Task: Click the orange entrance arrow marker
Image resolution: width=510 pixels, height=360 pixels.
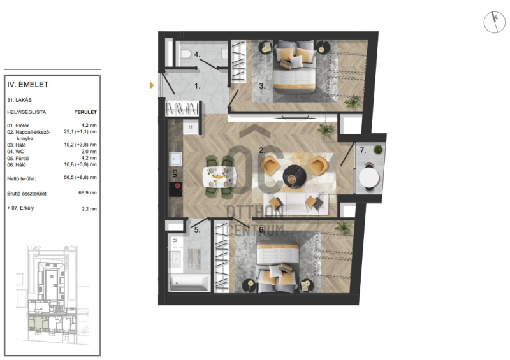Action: coord(152,85)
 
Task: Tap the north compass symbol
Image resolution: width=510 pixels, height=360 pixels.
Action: coord(495,22)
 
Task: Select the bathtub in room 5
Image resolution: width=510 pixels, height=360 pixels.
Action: coord(189,282)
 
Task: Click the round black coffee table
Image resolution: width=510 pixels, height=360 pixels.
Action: coord(295,176)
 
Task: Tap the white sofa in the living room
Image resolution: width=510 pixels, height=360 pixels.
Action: coord(296,205)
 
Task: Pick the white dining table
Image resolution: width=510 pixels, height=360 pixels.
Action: coord(219,177)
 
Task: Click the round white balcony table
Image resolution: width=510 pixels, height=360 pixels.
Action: coord(369,178)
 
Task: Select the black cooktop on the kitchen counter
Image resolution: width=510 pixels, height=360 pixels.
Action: coord(175,189)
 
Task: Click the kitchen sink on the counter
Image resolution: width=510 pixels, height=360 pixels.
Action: coord(175,159)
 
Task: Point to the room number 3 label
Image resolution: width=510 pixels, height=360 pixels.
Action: coord(262,86)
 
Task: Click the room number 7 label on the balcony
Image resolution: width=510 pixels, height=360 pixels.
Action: coord(363,150)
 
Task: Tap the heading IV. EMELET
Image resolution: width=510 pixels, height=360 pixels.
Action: coord(28,85)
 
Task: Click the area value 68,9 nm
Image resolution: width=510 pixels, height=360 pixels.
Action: coord(87,192)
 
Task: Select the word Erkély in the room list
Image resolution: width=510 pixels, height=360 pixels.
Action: coord(27,208)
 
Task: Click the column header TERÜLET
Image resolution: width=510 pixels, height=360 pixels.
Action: coord(85,112)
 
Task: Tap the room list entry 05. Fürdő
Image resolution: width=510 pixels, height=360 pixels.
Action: coord(18,159)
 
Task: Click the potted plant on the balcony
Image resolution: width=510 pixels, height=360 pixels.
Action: coord(378,150)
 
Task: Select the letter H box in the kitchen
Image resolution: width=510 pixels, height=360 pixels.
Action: coord(190,127)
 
